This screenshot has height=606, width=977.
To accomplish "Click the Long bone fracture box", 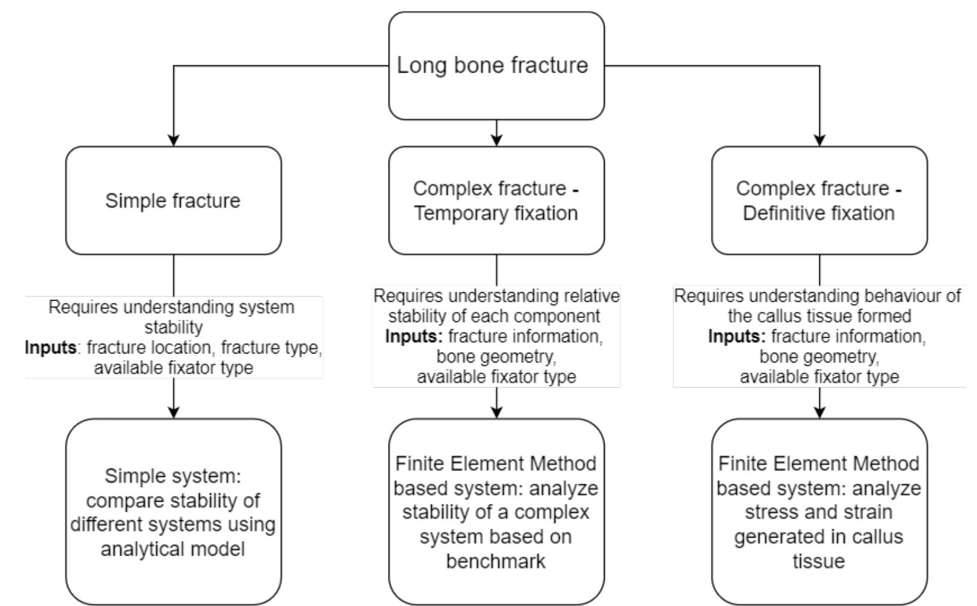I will coord(496,65).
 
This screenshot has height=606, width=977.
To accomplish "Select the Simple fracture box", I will coord(173,200).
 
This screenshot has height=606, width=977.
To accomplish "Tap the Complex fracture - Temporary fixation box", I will coord(496,200).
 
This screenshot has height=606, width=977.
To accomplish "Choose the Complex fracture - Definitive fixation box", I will coord(819,200).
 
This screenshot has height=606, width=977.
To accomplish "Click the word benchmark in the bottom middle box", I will coord(496,561).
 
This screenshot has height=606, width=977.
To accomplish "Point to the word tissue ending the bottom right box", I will coord(819,561).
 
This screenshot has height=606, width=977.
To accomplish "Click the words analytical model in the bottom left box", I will coord(173,549).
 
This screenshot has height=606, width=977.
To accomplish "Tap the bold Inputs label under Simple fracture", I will coord(50,348).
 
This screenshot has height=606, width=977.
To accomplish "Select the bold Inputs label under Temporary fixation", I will coord(414,337).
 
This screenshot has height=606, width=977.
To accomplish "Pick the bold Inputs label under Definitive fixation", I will coord(736,337).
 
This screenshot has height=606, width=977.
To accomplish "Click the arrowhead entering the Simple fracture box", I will coord(173,140).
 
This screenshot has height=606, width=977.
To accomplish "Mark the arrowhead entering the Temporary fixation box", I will coord(496,140).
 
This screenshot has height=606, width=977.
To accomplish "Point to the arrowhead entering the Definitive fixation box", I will coord(819,140).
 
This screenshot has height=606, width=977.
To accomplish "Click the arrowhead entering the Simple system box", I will coord(173,412).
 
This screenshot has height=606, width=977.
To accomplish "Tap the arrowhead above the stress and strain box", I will coord(819,412).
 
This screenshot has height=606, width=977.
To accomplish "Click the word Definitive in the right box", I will coord(780,213).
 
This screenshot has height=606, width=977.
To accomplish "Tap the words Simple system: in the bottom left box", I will coord(173,476).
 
